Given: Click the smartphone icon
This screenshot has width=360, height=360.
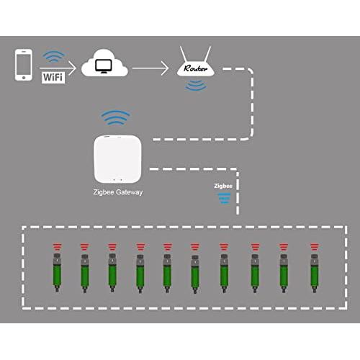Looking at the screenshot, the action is pyautogui.click(x=24, y=65).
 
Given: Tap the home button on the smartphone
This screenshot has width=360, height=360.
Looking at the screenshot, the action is pyautogui.click(x=24, y=78).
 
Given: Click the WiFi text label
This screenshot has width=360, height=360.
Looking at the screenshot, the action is pyautogui.click(x=53, y=77).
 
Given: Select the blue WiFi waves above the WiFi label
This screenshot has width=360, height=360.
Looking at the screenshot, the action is pyautogui.click(x=53, y=56).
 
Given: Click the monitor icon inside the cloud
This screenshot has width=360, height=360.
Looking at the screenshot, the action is pyautogui.click(x=104, y=66).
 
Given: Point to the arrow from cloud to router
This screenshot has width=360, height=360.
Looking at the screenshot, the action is pyautogui.click(x=150, y=68).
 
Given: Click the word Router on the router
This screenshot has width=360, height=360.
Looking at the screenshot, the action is pyautogui.click(x=195, y=68).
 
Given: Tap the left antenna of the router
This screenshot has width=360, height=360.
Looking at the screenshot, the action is pyautogui.click(x=184, y=54).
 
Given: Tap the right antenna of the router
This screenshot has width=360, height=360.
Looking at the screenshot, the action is pyautogui.click(x=207, y=54).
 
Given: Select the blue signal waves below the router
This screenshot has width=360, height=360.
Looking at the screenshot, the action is pyautogui.click(x=196, y=86).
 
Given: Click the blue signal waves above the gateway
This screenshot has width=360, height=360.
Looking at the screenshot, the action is pyautogui.click(x=115, y=117).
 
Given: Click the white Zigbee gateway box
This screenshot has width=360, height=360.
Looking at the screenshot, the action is pyautogui.click(x=117, y=159).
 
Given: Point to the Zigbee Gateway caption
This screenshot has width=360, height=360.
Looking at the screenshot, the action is pyautogui.click(x=117, y=192).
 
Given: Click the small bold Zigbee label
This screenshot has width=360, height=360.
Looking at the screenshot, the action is pyautogui.click(x=223, y=186).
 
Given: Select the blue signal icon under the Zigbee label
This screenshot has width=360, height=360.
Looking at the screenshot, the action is pyautogui.click(x=225, y=198).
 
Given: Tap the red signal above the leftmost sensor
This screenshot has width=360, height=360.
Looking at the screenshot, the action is pyautogui.click(x=57, y=247).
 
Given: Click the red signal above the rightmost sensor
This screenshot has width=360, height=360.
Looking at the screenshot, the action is pyautogui.click(x=315, y=247).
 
